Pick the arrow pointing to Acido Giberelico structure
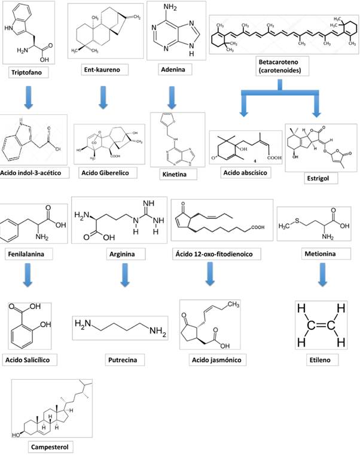(x=103, y=97)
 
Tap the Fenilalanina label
(x=26, y=254)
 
